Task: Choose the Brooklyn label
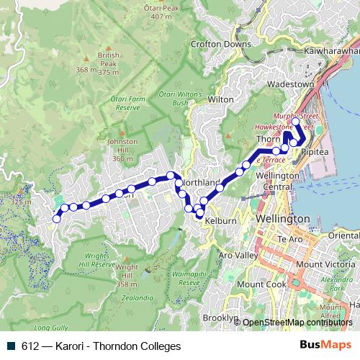[x=220, y=318]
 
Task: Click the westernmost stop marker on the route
[x=57, y=219]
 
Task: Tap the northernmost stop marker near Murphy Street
[x=296, y=123]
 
